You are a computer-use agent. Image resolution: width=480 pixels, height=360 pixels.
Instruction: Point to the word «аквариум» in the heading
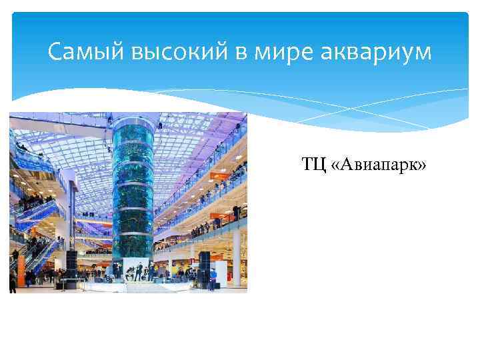372,51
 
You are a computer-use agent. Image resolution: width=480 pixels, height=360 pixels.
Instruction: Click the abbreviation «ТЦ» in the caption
313,164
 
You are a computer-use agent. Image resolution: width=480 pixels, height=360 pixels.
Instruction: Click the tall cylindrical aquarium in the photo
133,193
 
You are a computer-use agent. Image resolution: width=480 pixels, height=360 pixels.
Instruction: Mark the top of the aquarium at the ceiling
133,120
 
